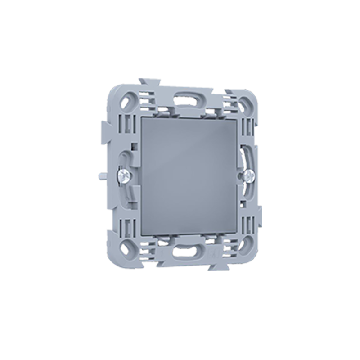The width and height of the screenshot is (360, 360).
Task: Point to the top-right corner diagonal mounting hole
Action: point(246,103)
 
